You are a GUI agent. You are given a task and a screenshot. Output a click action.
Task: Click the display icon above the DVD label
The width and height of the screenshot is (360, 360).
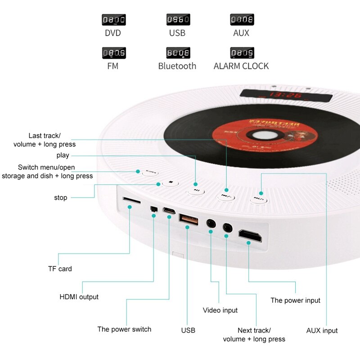pyautogui.click(x=113, y=20)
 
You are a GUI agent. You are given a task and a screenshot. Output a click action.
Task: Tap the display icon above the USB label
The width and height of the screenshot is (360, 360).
pyautogui.click(x=178, y=20)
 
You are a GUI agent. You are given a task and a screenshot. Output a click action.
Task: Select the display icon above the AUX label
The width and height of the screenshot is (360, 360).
pyautogui.click(x=242, y=20)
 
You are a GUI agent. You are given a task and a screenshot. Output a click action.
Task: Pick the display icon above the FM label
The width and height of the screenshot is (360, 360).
pyautogui.click(x=113, y=53)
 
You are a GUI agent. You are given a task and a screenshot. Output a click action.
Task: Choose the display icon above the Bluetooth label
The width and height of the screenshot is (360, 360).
pyautogui.click(x=178, y=53)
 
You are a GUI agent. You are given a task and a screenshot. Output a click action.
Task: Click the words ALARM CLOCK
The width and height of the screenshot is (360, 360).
pyautogui.click(x=241, y=66)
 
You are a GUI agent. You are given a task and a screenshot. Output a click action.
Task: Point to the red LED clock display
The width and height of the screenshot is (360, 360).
pyautogui.click(x=286, y=95)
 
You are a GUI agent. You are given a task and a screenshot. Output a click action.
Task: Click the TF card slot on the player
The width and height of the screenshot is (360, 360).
pyautogui.click(x=131, y=199)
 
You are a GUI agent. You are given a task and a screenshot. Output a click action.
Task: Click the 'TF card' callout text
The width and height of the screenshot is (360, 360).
pyautogui.click(x=60, y=269)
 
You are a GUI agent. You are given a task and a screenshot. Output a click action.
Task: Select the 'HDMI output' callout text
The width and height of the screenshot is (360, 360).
pyautogui.click(x=79, y=297)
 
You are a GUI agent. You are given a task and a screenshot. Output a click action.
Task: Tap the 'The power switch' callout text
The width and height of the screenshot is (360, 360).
pyautogui.click(x=124, y=329)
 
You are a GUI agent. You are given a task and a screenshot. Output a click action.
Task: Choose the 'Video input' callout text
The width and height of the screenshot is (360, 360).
pyautogui.click(x=220, y=310)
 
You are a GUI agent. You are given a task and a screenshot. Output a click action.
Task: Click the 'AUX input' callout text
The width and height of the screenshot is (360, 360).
pyautogui.click(x=322, y=331)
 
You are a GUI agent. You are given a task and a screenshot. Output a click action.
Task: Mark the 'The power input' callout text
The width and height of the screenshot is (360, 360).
pyautogui.click(x=295, y=301)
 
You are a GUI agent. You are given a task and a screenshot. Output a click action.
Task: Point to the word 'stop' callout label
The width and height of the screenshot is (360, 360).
pyautogui.click(x=60, y=198)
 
